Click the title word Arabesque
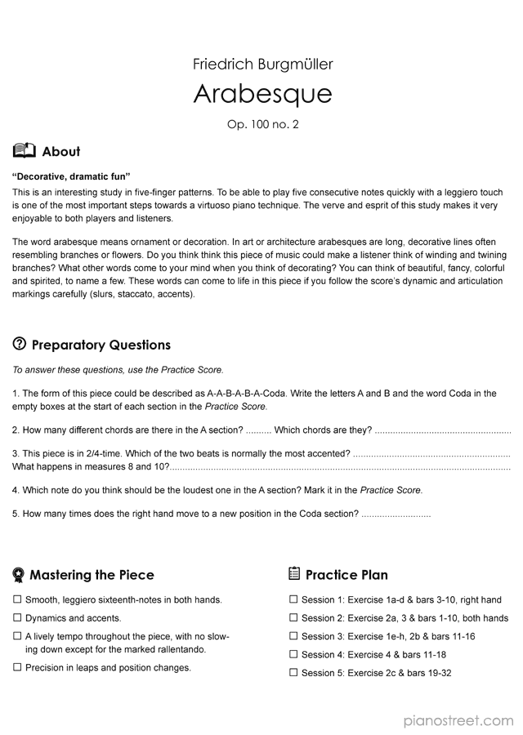(262, 94)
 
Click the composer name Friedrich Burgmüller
(262, 64)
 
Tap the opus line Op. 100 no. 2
(262, 125)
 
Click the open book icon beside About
(25, 150)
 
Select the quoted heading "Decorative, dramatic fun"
(72, 176)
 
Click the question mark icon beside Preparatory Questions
(20, 344)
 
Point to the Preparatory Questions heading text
(101, 345)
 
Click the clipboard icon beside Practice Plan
(294, 574)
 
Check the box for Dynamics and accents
(17, 618)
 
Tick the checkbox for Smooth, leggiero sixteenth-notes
(17, 599)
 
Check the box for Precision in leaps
(17, 667)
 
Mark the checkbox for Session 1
(293, 599)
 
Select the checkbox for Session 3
(293, 636)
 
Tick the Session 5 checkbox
(293, 673)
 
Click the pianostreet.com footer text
(459, 720)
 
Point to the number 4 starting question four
(16, 490)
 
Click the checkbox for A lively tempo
(17, 636)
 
